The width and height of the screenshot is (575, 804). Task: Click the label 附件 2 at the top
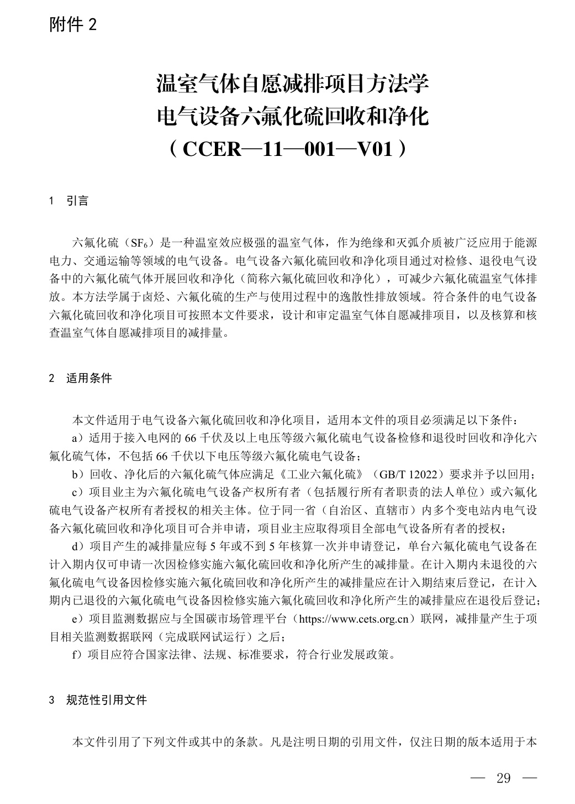(73, 24)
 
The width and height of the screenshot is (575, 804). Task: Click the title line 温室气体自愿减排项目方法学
(293, 85)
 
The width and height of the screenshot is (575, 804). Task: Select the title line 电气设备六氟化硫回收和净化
(293, 117)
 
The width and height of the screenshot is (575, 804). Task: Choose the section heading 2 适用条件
(81, 378)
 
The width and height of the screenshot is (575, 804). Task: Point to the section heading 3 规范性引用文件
(98, 700)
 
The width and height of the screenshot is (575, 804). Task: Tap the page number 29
(503, 779)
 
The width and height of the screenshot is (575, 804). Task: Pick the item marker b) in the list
(79, 474)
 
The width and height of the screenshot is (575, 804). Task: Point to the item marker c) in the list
(79, 492)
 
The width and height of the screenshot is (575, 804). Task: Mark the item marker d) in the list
(79, 546)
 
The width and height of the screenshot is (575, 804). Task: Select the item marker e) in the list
(79, 619)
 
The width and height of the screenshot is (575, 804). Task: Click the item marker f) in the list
(79, 655)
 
